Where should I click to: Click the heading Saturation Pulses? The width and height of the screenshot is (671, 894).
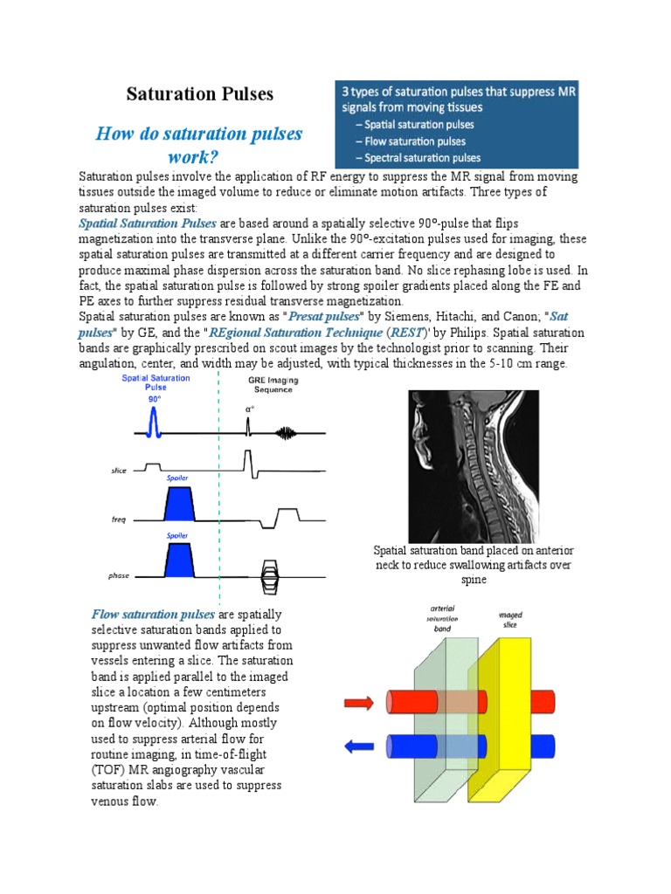[200, 93]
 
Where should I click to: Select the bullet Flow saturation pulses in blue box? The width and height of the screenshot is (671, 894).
[415, 141]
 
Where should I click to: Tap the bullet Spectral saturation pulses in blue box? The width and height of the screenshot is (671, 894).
[422, 158]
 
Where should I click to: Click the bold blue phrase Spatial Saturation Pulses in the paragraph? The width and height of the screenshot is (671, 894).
[147, 224]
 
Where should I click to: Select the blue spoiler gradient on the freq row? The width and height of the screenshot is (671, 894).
[178, 505]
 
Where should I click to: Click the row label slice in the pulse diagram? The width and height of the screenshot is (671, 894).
[118, 471]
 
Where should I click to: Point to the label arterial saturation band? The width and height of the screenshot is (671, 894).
[443, 615]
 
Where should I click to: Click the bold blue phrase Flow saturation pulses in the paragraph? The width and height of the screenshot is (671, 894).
[153, 615]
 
